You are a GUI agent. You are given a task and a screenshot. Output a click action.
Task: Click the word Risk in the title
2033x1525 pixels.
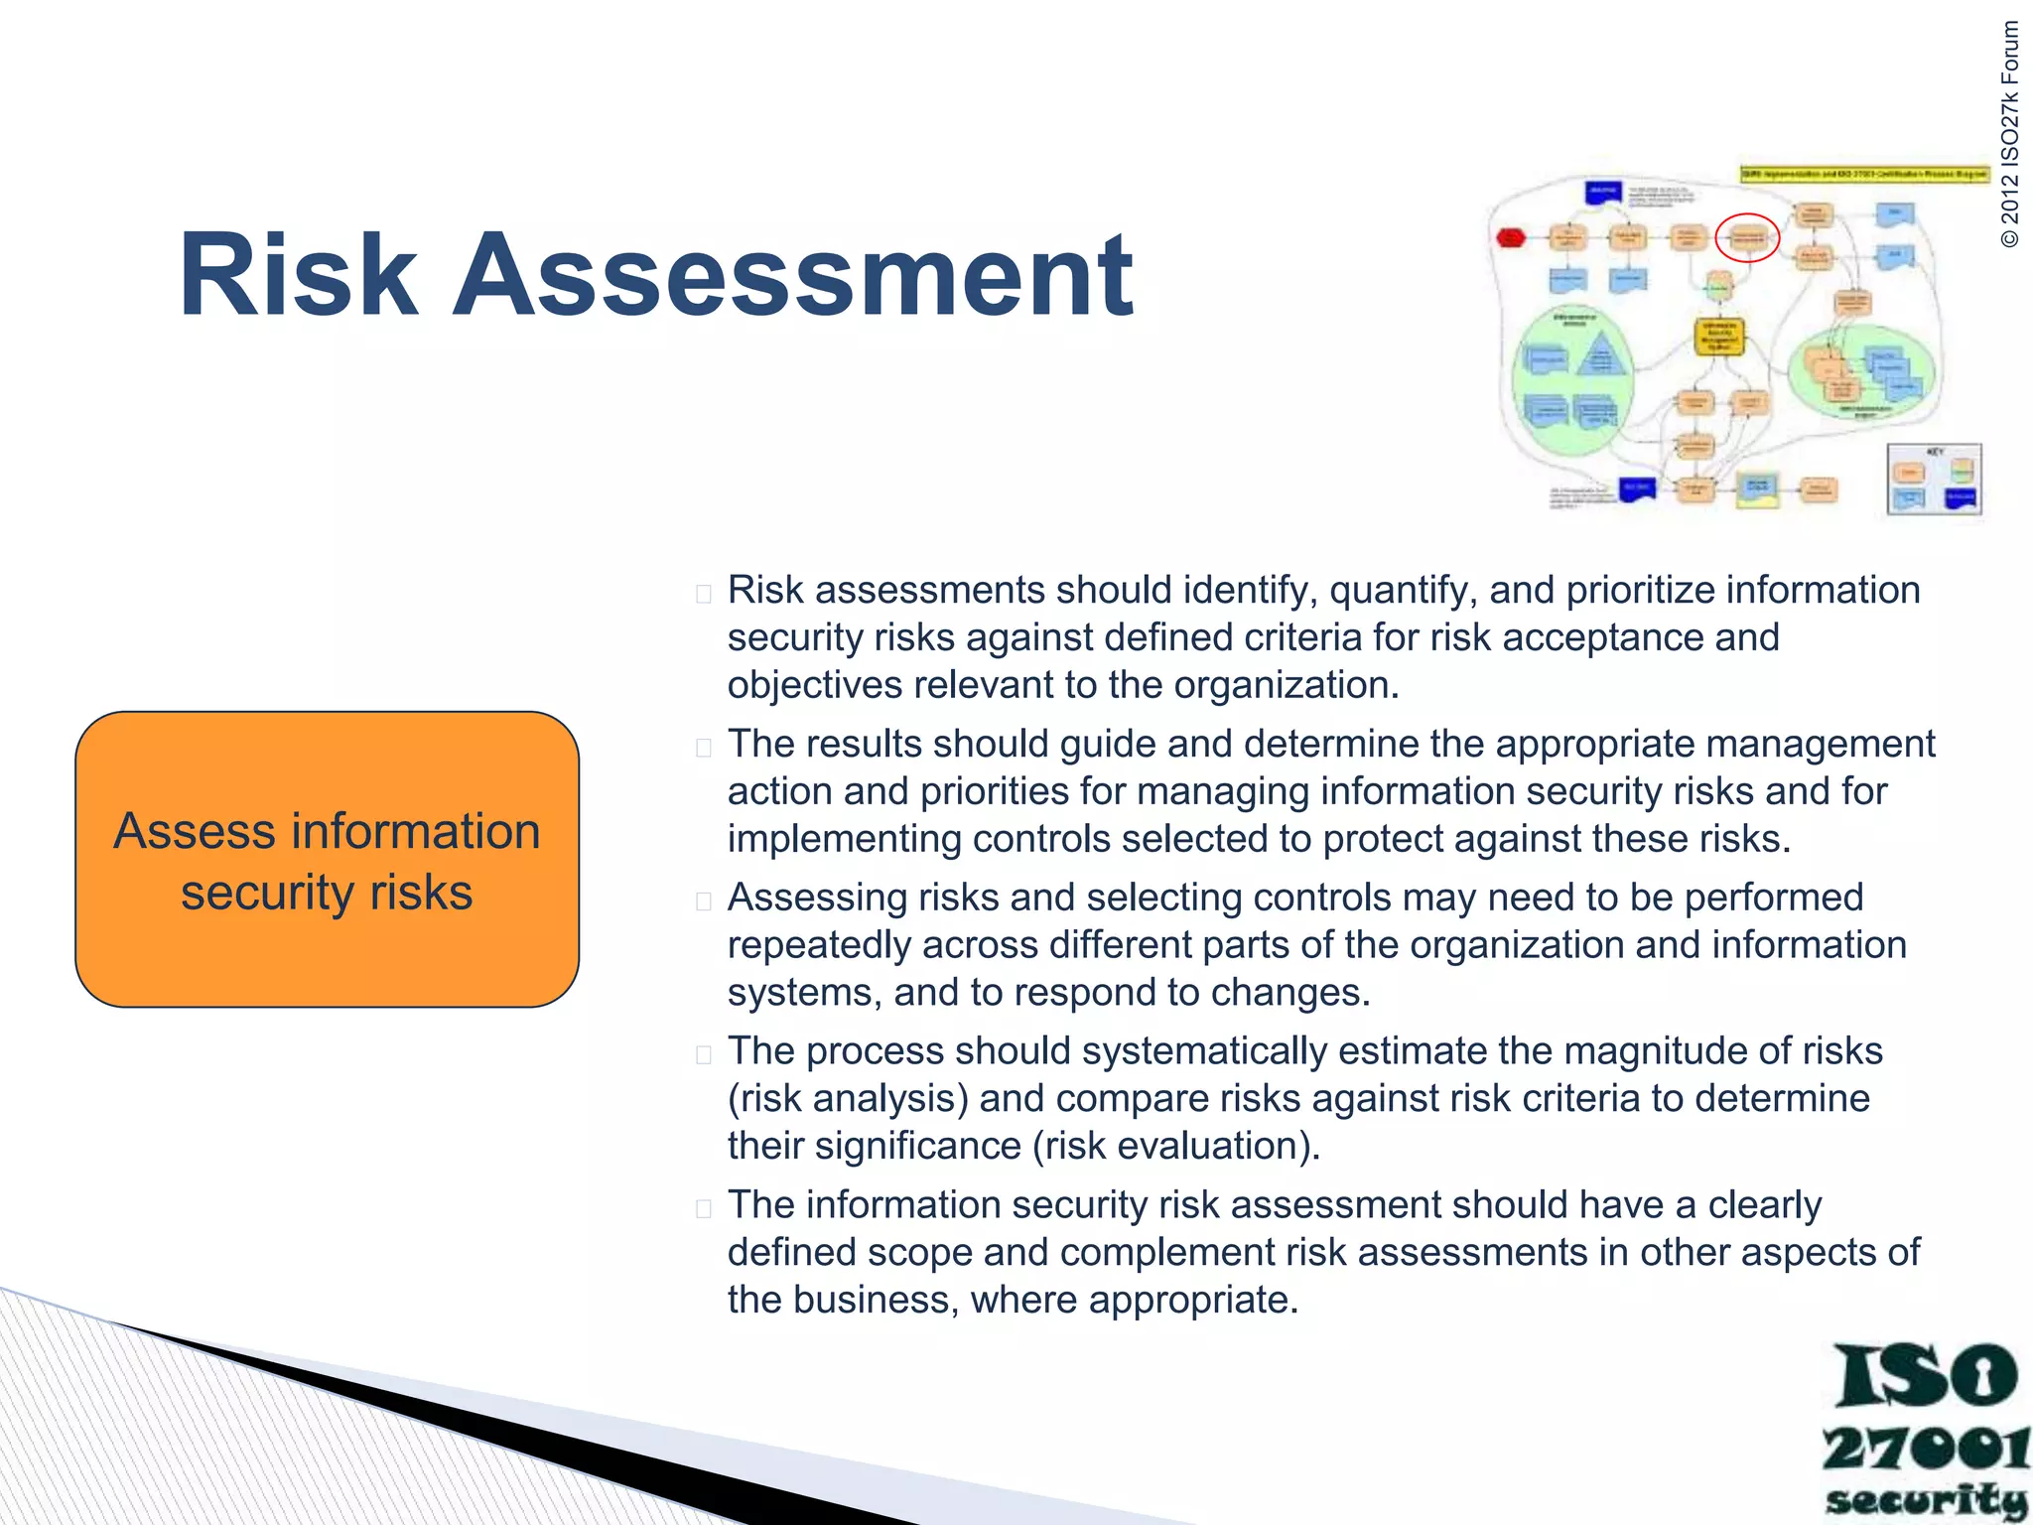coord(298,275)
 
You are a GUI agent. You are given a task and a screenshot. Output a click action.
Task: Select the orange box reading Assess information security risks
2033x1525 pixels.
coord(327,860)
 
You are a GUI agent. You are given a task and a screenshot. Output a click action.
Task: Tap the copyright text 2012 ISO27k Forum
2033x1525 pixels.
coord(2009,134)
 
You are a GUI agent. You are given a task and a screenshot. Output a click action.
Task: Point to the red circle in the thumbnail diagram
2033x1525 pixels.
coord(1747,237)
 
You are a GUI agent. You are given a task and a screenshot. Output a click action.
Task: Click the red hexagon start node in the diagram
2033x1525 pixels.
coord(1510,237)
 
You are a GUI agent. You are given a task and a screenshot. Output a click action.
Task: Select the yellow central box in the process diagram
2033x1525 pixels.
coord(1718,337)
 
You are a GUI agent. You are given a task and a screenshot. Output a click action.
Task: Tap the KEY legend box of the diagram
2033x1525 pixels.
coord(1934,480)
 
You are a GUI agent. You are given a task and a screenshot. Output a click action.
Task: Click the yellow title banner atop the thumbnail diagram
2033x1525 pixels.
coord(1864,174)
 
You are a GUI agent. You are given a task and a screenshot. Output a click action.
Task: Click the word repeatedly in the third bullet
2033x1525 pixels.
coord(818,945)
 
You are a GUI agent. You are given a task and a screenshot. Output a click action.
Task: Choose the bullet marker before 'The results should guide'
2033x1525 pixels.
coord(704,748)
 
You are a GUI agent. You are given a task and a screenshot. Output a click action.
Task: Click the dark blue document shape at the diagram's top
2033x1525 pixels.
coord(1603,192)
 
